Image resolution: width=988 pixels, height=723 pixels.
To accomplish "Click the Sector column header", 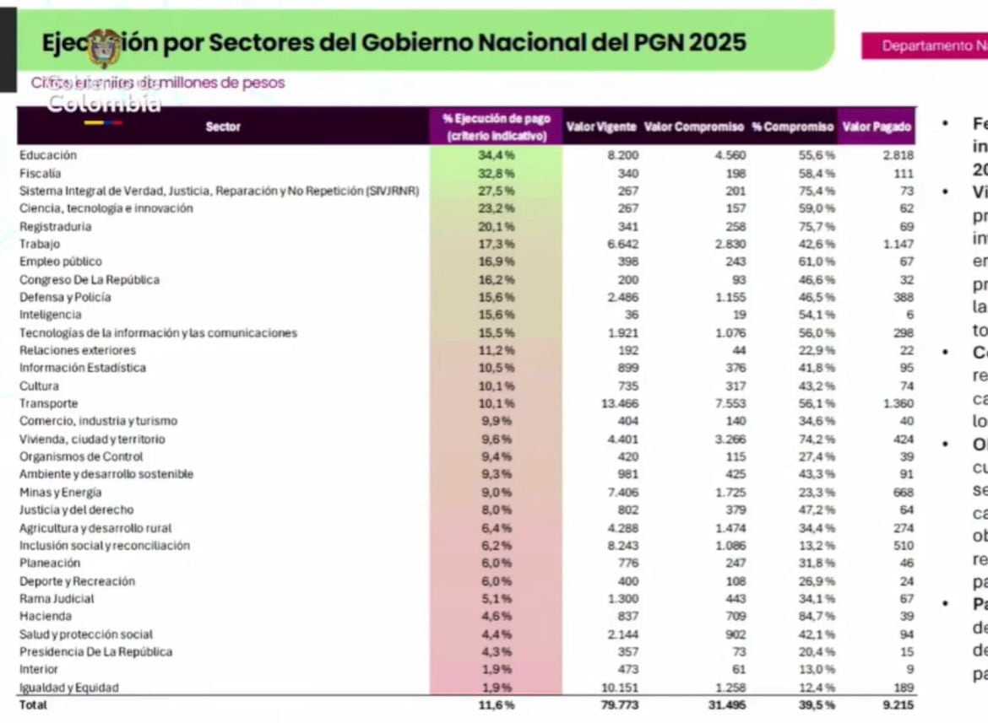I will [x=223, y=127].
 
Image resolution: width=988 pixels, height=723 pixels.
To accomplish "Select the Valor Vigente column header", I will [x=600, y=127].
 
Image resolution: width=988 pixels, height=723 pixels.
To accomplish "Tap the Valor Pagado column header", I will [x=877, y=127].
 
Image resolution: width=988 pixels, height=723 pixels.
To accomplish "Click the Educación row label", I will [x=48, y=155].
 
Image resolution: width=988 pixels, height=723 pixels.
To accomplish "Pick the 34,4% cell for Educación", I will [x=496, y=155].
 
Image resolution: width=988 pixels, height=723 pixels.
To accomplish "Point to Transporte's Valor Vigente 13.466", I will [x=617, y=403].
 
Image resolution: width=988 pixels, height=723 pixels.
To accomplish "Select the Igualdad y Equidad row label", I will [x=69, y=688].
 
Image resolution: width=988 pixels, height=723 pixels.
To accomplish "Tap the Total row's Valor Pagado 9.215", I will [x=897, y=704].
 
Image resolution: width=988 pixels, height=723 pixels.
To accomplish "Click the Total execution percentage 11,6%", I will [x=496, y=704].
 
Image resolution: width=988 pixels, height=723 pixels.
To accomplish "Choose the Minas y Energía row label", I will [x=61, y=492].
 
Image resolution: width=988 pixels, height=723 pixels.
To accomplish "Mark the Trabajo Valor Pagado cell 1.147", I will [x=898, y=244].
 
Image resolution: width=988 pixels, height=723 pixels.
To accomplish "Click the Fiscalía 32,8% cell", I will [x=496, y=173].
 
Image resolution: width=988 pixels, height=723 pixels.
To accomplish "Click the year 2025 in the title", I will [x=718, y=42].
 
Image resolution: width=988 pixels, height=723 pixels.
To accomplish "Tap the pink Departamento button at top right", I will [x=925, y=46].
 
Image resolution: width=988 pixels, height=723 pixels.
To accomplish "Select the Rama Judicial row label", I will [x=57, y=598].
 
